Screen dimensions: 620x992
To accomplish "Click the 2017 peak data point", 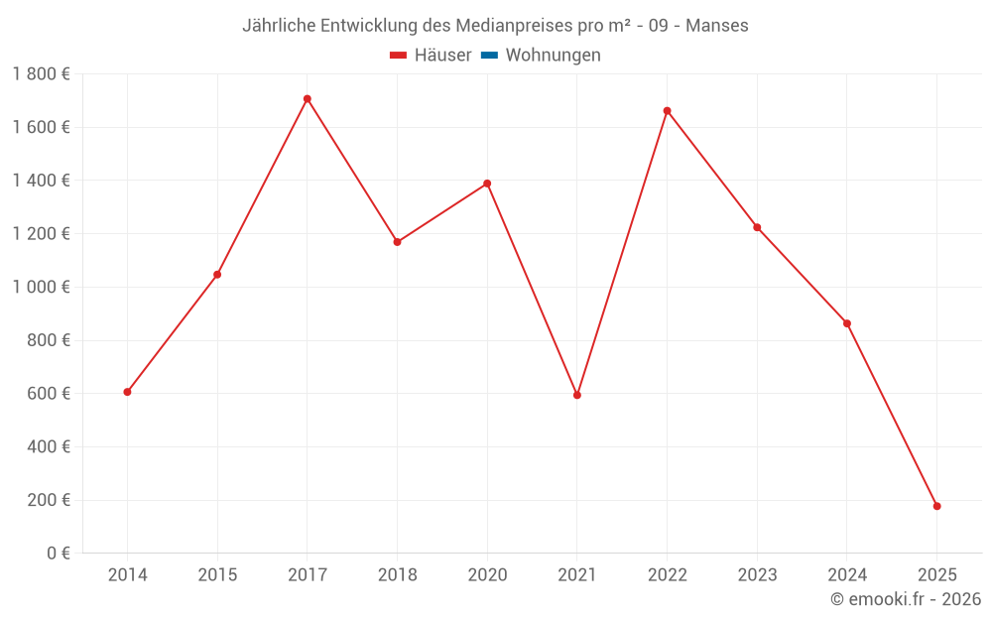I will [x=308, y=99].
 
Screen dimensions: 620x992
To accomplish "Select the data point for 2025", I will [x=936, y=506].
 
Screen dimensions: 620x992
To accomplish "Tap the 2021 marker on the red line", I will [x=577, y=395].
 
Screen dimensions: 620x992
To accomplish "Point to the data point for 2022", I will [x=667, y=111].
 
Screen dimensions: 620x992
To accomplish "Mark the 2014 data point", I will [x=127, y=392].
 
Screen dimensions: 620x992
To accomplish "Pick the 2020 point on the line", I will [x=487, y=184].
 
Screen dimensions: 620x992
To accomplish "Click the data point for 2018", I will [x=397, y=242].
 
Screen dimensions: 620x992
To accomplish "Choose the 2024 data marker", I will [x=847, y=323].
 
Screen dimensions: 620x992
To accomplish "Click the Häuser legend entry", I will [x=431, y=56].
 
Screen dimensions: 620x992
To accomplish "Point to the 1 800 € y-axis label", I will [x=41, y=74].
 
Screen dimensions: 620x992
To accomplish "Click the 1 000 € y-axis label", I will [x=41, y=288].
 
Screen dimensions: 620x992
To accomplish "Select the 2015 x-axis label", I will [x=217, y=575].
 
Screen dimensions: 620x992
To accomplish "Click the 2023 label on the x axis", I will [x=757, y=575].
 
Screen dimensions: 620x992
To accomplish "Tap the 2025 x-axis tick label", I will [x=936, y=575].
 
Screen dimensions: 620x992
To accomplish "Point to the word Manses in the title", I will [x=717, y=25].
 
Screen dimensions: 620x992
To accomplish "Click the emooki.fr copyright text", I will [x=906, y=599].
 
